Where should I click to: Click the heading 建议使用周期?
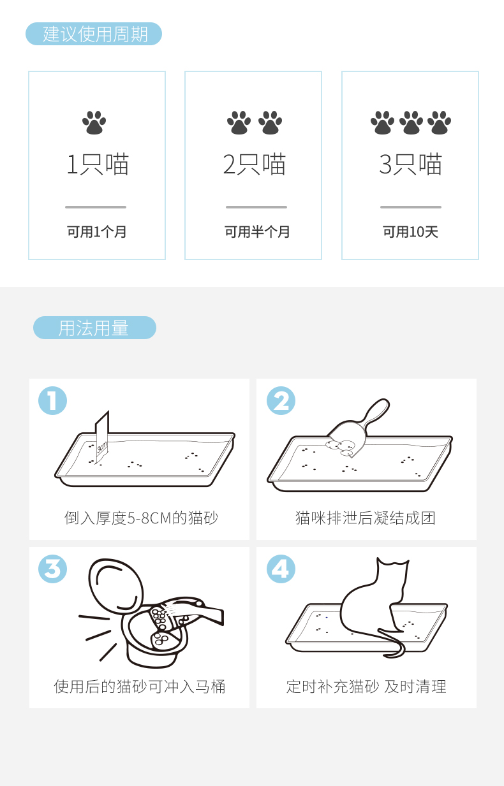95,34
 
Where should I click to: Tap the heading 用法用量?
93,328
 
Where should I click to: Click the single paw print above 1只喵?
94,123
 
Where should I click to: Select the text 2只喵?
255,164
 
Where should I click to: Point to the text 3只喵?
410,164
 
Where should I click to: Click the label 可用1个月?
96,232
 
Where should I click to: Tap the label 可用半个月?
257,232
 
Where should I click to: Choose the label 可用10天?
410,232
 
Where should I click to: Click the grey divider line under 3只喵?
411,207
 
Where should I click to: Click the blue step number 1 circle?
53,401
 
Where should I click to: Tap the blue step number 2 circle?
281,401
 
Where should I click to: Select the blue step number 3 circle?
53,569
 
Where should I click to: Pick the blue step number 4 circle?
281,569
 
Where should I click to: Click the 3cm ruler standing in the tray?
102,437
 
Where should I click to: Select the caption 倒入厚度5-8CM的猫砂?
141,518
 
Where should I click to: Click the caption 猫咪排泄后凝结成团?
366,518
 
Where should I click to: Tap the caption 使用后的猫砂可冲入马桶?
140,687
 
